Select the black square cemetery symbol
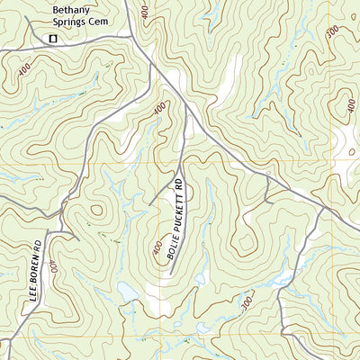[x=52, y=38]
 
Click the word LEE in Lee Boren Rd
[x=32, y=292]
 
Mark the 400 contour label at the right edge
[x=349, y=105]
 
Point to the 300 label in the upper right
[x=333, y=32]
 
